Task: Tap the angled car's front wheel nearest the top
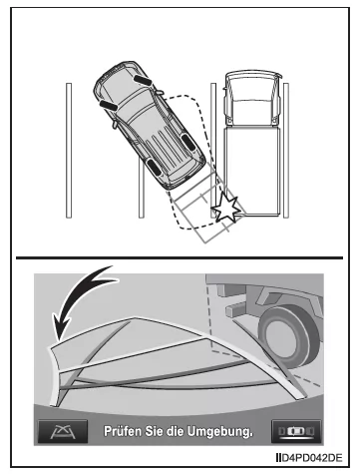(140, 74)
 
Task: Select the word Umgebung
(220, 432)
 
